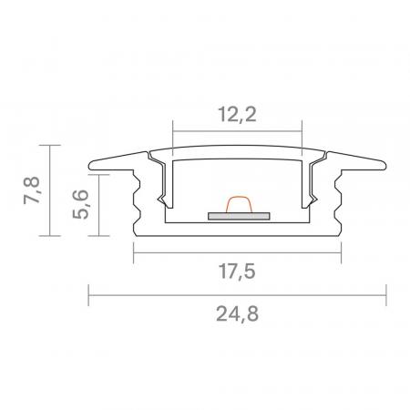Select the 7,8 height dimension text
32,192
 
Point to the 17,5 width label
237,272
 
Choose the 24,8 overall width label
237,316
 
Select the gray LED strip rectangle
239,217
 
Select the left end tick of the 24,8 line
88,295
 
